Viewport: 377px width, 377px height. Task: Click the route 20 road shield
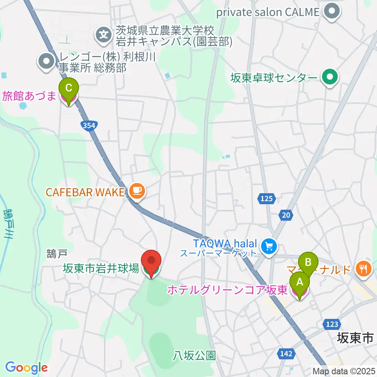point(286,214)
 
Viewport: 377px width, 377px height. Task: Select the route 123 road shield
point(332,324)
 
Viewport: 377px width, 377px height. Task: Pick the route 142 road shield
point(286,354)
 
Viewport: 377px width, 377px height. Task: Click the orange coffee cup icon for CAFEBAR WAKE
point(136,192)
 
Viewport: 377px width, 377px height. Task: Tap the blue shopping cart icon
point(269,247)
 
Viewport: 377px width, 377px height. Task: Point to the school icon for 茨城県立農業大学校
point(104,35)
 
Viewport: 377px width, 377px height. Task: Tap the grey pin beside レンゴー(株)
point(47,61)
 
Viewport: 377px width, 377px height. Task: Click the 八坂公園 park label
point(194,356)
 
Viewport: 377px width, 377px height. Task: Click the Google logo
point(26,368)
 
